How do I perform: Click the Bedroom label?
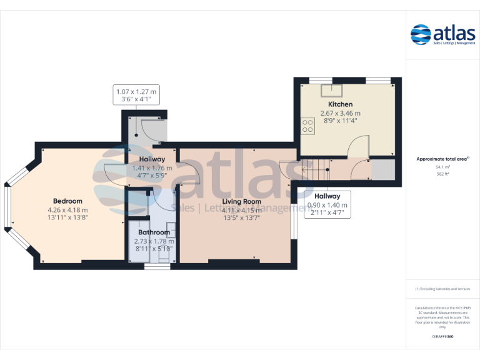tap(67, 201)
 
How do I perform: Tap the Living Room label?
tap(242, 201)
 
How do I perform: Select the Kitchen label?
tap(341, 104)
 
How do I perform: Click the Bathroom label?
tap(154, 232)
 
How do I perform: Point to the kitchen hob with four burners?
tap(307, 126)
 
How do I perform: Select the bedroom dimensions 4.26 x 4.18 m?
tap(67, 209)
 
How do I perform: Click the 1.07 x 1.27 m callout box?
tap(136, 95)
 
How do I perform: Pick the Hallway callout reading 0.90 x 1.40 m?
tap(327, 204)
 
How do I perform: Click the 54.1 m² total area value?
tap(442, 167)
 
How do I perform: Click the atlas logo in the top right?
tap(442, 34)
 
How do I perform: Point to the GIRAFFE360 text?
tap(442, 336)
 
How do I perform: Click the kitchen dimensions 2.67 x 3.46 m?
tap(341, 113)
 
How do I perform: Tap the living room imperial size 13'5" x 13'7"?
tap(242, 217)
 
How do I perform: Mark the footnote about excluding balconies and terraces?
tap(442, 289)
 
